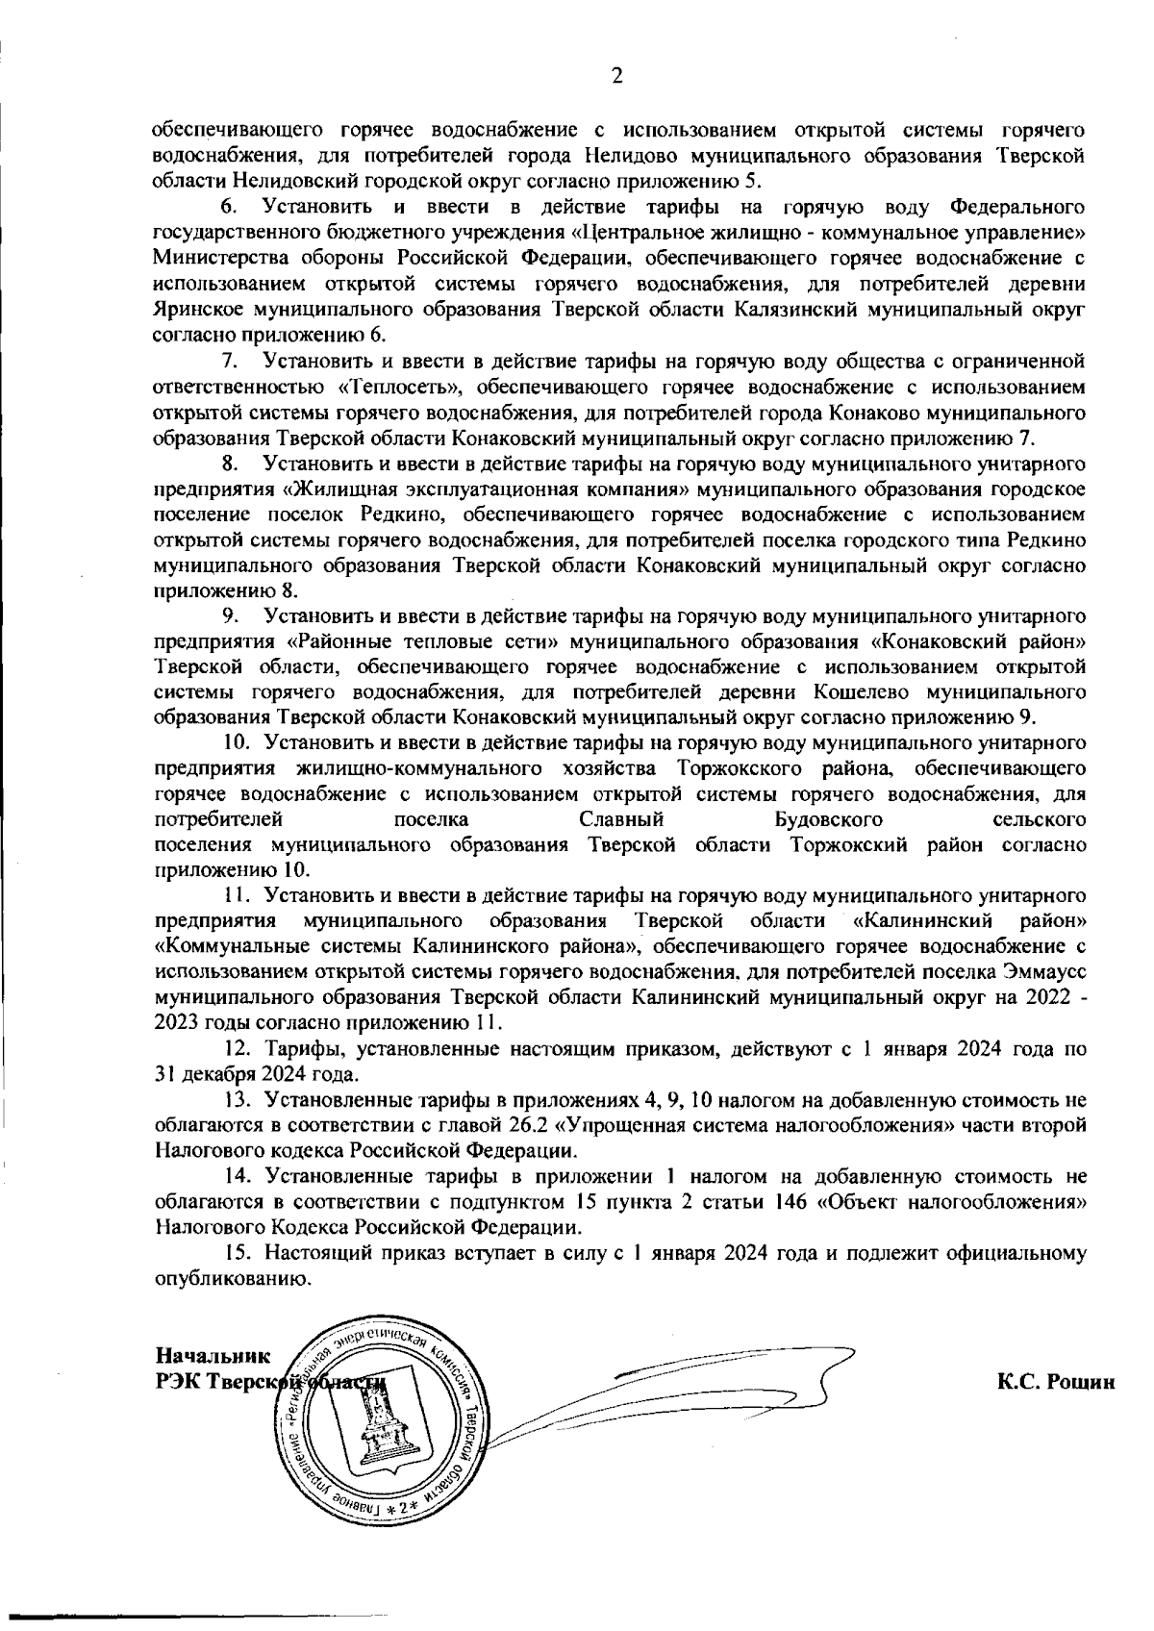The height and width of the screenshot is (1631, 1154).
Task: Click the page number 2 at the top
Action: pos(616,78)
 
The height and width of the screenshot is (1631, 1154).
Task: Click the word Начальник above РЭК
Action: pos(213,1356)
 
